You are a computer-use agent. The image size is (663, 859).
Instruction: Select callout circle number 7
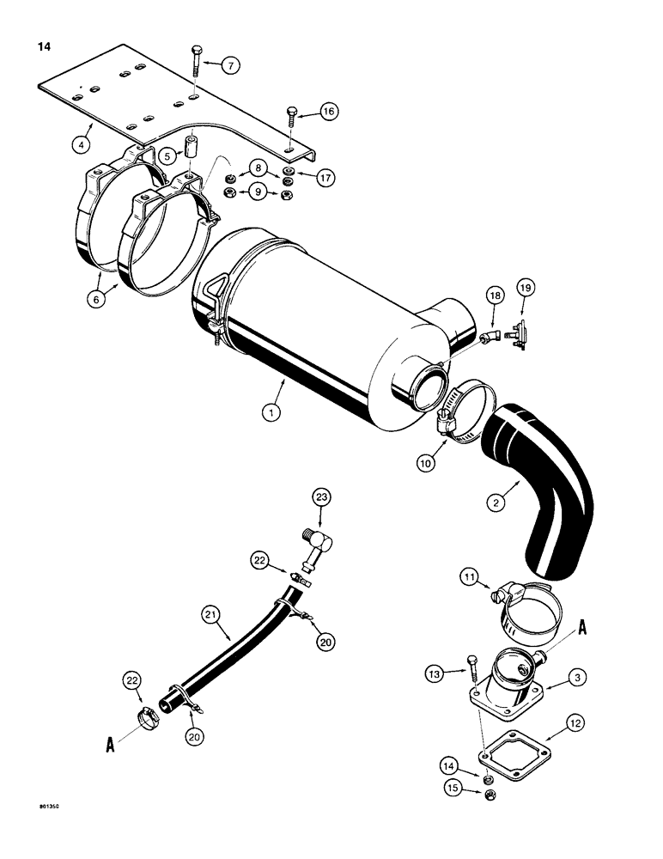coord(231,64)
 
